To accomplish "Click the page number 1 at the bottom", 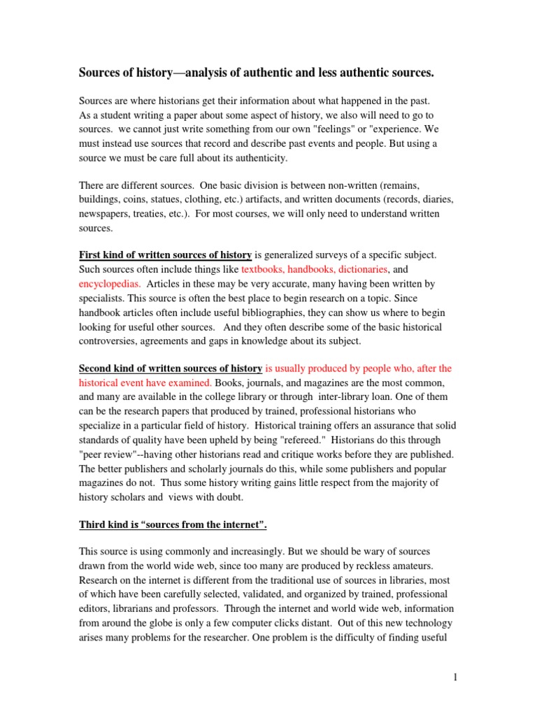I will pyautogui.click(x=454, y=678).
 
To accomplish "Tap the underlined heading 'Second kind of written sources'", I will pyautogui.click(x=171, y=368).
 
